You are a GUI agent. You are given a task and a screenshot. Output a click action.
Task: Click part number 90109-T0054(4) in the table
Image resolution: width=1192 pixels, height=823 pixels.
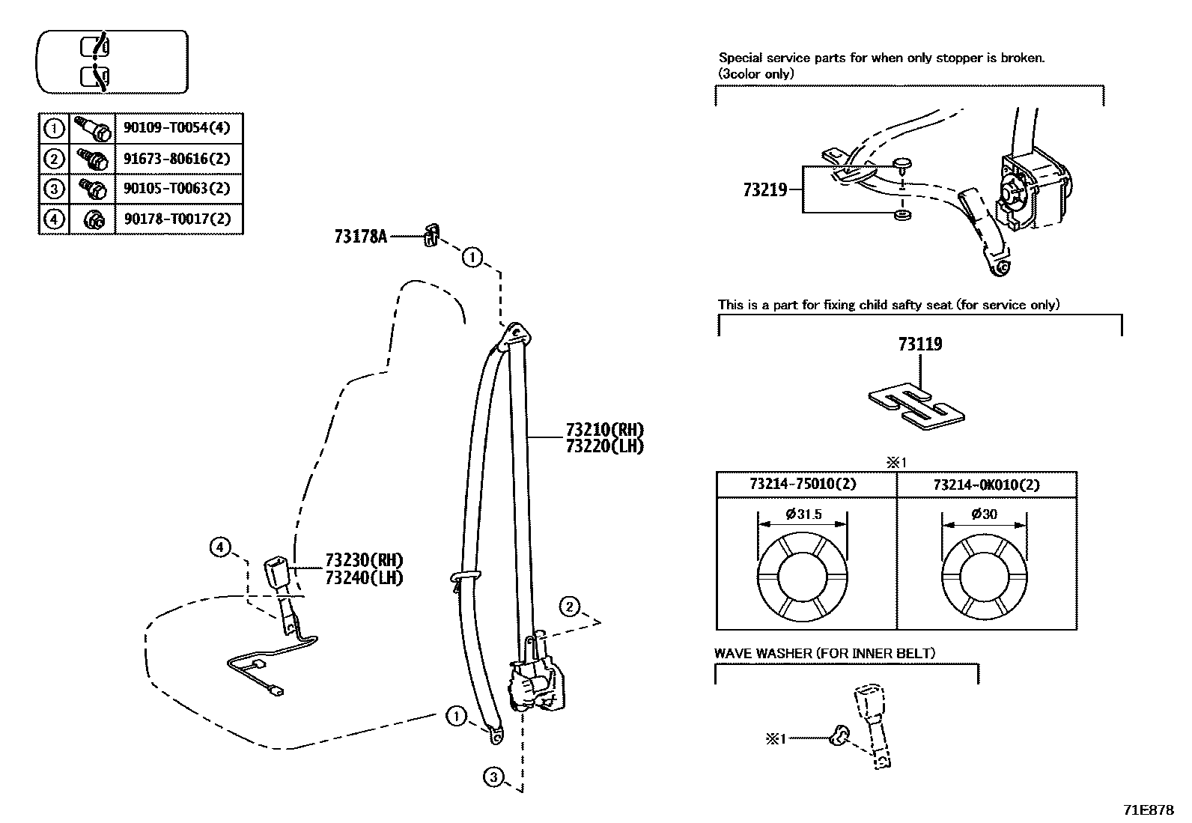[177, 128]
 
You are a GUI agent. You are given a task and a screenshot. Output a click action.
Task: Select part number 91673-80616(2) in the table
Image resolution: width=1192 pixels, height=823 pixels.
[177, 159]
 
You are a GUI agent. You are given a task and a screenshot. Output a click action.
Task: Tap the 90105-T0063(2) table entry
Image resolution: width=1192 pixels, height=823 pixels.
[177, 189]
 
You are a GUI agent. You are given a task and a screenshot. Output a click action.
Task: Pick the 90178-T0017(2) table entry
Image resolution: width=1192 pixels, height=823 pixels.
[177, 219]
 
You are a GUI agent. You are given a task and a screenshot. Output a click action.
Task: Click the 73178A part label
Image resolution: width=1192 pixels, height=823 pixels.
[360, 237]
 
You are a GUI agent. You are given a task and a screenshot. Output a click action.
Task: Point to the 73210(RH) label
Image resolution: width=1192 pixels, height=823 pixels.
[604, 430]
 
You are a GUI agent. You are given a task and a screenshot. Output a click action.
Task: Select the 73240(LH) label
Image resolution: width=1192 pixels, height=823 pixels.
[364, 577]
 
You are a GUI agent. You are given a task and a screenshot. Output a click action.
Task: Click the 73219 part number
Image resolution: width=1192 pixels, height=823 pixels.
[764, 190]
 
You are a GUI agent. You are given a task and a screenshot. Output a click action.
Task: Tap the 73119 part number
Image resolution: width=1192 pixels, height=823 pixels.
[920, 344]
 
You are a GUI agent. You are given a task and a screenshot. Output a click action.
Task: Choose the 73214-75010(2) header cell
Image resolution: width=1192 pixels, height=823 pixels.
[803, 485]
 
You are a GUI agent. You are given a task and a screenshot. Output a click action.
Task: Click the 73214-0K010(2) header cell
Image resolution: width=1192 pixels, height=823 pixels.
[986, 485]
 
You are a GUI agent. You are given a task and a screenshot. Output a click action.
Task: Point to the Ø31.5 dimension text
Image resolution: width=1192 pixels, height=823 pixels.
[803, 514]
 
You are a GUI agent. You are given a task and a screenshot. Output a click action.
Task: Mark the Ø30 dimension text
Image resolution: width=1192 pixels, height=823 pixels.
[984, 514]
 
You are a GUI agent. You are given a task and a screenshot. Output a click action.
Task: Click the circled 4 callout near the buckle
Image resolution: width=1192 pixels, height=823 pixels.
[219, 548]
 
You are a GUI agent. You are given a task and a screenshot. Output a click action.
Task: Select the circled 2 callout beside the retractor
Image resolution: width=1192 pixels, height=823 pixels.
[569, 607]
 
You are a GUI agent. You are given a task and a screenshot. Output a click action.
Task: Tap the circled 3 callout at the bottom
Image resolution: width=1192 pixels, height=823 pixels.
[493, 778]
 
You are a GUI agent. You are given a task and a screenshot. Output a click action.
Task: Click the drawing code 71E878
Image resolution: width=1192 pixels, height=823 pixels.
[1148, 810]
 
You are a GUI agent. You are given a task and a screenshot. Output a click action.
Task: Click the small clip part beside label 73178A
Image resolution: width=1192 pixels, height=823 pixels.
[431, 235]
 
